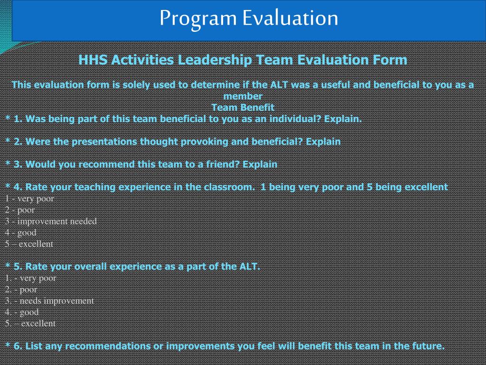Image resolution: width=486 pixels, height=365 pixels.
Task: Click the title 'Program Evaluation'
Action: point(249,18)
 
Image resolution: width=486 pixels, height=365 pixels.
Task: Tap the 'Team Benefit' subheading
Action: point(243,107)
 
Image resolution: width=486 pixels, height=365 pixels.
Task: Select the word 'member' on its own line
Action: point(243,96)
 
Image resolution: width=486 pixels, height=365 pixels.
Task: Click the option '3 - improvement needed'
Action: point(51,221)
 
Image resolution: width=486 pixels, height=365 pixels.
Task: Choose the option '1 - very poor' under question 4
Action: point(29,199)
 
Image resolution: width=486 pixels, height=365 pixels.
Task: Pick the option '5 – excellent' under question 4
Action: point(29,244)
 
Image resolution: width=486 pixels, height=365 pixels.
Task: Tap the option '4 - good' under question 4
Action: point(21,232)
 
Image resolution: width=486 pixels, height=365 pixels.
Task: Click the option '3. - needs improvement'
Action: point(49,300)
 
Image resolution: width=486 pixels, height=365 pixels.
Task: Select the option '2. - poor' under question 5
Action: point(21,289)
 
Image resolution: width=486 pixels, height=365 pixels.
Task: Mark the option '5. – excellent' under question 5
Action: point(30,323)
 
